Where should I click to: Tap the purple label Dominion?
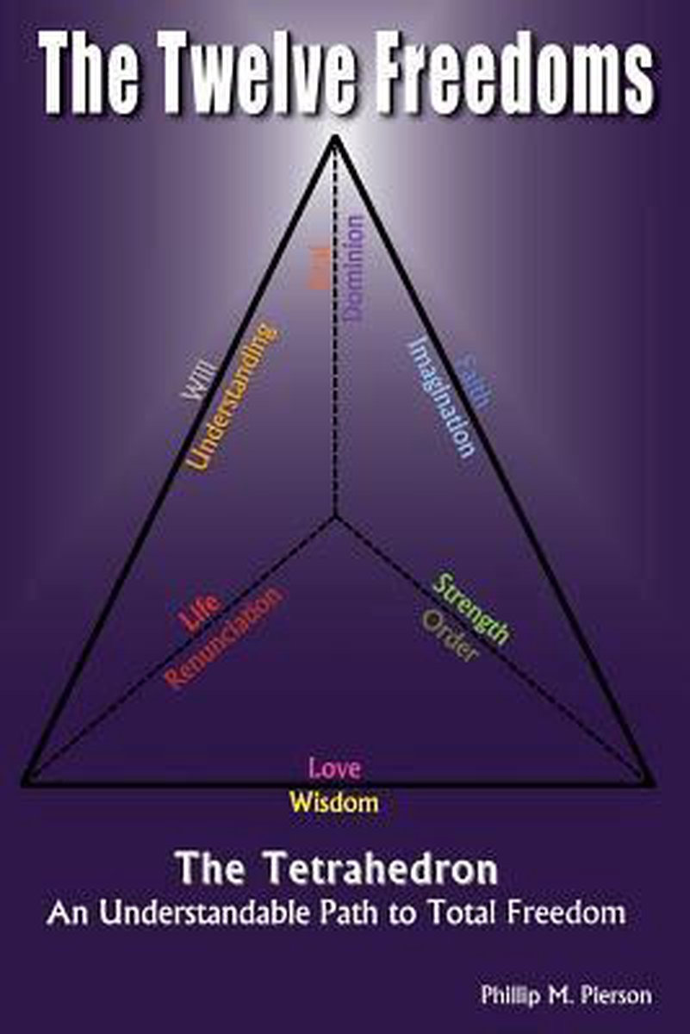pos(354,268)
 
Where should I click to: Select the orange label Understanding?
pos(233,396)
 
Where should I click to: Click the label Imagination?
pos(441,396)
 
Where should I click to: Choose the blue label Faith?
pos(475,379)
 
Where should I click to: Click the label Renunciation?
pos(224,638)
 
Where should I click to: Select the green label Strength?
pos(471,609)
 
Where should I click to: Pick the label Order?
pos(450,637)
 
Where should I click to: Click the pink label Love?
pos(335,768)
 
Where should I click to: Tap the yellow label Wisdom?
pos(334,802)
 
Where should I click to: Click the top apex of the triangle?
pos(334,138)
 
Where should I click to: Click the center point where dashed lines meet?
pos(334,517)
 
